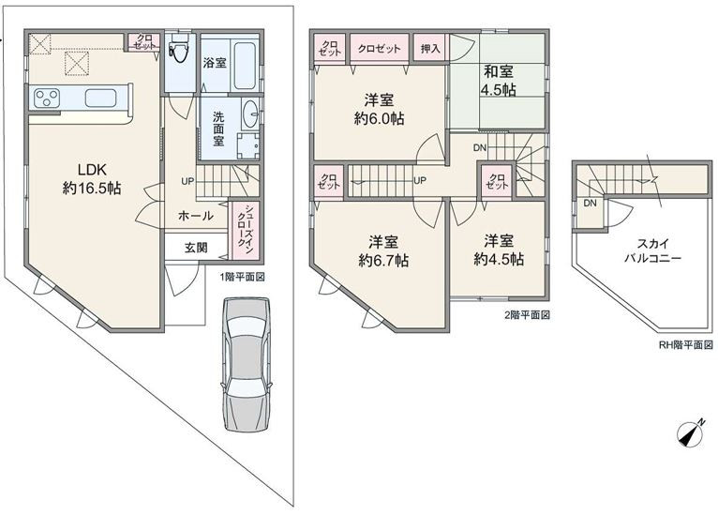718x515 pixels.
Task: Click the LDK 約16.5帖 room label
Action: pos(92,178)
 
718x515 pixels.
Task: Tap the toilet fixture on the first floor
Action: pos(177,52)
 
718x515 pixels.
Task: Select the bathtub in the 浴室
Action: pos(244,65)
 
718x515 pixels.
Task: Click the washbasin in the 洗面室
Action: pos(250,113)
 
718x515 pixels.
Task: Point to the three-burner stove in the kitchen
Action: pos(47,98)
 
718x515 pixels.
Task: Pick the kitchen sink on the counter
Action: pos(100,98)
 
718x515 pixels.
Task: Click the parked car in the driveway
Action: pos(247,364)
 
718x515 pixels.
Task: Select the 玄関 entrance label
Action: pos(196,248)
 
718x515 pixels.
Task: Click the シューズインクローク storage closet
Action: pos(246,232)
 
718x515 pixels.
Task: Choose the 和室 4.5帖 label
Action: pos(499,80)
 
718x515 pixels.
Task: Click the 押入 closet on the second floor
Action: pos(430,48)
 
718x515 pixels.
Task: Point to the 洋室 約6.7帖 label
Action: pos(383,250)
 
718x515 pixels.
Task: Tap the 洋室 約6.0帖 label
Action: pos(379,109)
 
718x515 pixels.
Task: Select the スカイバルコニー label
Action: pos(652,250)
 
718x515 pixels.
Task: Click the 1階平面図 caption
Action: pos(242,277)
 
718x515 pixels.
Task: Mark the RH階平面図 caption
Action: pos(685,344)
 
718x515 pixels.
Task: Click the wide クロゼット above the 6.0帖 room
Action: pos(379,48)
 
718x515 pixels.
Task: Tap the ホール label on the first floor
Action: pos(195,216)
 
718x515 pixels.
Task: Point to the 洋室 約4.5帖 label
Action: pos(499,250)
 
